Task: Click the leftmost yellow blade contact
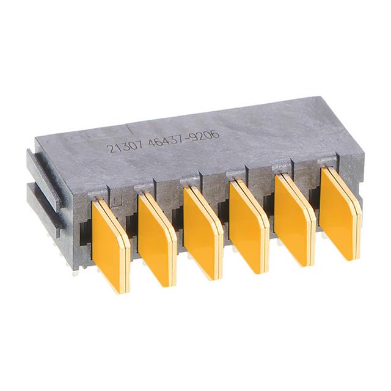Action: (109, 244)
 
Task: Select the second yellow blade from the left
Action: (156, 238)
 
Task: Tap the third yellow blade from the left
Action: (202, 232)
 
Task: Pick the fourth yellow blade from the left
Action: (248, 226)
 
